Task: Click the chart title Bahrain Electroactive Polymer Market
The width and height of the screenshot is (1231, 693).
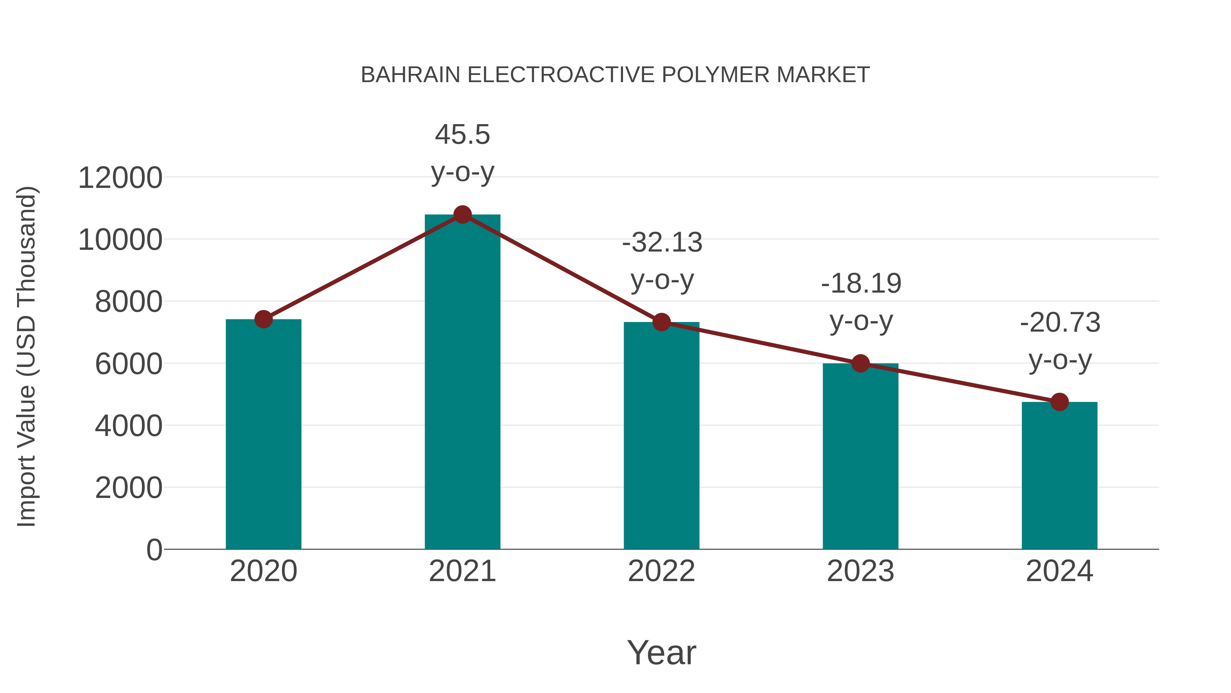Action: pyautogui.click(x=615, y=75)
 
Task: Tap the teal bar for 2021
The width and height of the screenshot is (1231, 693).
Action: pyautogui.click(x=462, y=383)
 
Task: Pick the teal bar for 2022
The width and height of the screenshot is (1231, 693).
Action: pyautogui.click(x=661, y=436)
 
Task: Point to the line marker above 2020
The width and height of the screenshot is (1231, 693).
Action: pyautogui.click(x=263, y=319)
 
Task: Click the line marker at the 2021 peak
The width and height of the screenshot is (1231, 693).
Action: pyautogui.click(x=462, y=215)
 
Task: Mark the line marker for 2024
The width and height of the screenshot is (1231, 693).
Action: pyautogui.click(x=1059, y=402)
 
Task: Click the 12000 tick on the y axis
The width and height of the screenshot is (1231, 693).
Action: pyautogui.click(x=120, y=178)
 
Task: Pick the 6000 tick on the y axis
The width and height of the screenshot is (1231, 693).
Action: pyautogui.click(x=129, y=364)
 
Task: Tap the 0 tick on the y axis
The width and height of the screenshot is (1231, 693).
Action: pyautogui.click(x=154, y=550)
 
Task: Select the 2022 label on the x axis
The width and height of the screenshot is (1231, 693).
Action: pyautogui.click(x=661, y=571)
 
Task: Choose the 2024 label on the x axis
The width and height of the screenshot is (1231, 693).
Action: pyautogui.click(x=1059, y=571)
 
